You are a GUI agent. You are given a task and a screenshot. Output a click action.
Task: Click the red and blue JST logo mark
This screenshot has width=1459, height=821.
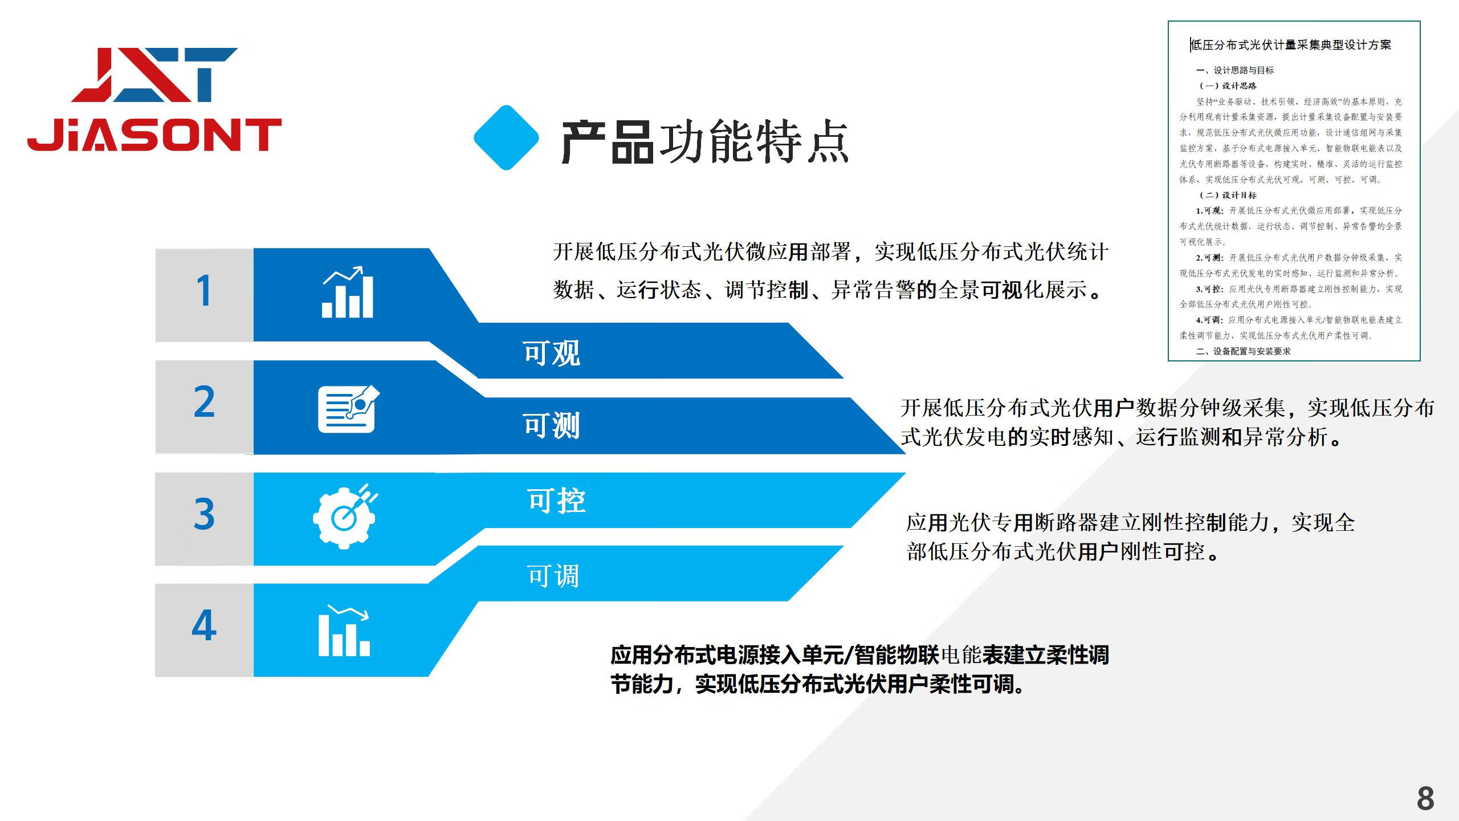click(155, 75)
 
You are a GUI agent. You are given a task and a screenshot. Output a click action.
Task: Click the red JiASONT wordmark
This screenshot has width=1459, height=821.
click(154, 135)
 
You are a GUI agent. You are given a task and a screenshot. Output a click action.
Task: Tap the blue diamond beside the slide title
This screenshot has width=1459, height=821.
click(506, 137)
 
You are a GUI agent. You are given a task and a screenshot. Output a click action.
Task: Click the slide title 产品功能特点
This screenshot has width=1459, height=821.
click(705, 141)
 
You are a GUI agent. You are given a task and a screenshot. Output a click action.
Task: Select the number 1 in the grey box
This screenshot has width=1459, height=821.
click(204, 291)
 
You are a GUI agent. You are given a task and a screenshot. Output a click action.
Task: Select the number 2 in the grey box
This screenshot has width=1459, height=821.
click(204, 402)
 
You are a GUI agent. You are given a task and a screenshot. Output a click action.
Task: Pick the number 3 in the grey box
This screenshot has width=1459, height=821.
click(204, 514)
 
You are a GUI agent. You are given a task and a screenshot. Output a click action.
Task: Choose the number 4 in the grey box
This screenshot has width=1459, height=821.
click(204, 625)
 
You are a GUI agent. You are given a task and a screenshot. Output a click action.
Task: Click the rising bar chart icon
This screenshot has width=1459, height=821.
click(347, 292)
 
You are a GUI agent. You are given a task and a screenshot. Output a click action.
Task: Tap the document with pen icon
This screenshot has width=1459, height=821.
click(348, 409)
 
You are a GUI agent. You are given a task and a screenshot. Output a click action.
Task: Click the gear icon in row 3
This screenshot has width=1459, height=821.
click(345, 517)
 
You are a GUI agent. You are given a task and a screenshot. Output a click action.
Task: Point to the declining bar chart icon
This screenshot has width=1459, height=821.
click(344, 631)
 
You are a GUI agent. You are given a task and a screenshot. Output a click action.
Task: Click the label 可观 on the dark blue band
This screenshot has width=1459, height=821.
click(552, 353)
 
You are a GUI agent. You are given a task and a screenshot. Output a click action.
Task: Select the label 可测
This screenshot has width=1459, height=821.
click(552, 425)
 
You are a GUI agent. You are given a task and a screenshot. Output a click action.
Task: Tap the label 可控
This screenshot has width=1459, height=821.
click(556, 501)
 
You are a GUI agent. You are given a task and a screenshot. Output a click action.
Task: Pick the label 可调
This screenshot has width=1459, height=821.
click(553, 576)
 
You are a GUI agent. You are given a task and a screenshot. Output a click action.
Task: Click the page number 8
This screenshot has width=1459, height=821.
click(1425, 799)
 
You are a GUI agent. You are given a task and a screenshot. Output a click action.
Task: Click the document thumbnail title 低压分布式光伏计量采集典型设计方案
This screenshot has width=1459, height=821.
click(1291, 45)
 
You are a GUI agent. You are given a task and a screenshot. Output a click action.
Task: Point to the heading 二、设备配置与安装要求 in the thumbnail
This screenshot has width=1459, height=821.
click(1244, 351)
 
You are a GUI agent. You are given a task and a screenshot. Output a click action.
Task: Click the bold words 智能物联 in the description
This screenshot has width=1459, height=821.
click(896, 655)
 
